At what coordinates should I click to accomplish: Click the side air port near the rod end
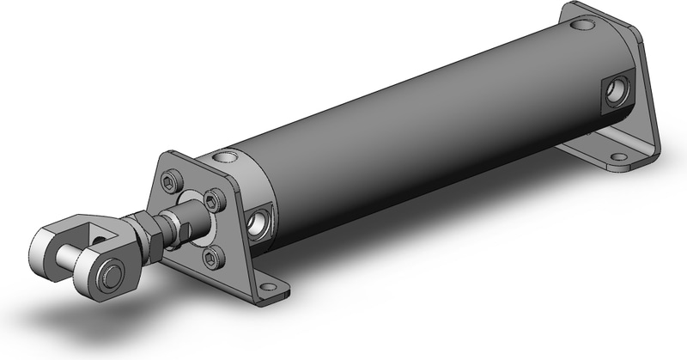(257, 223)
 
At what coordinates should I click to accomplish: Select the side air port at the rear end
(614, 92)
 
